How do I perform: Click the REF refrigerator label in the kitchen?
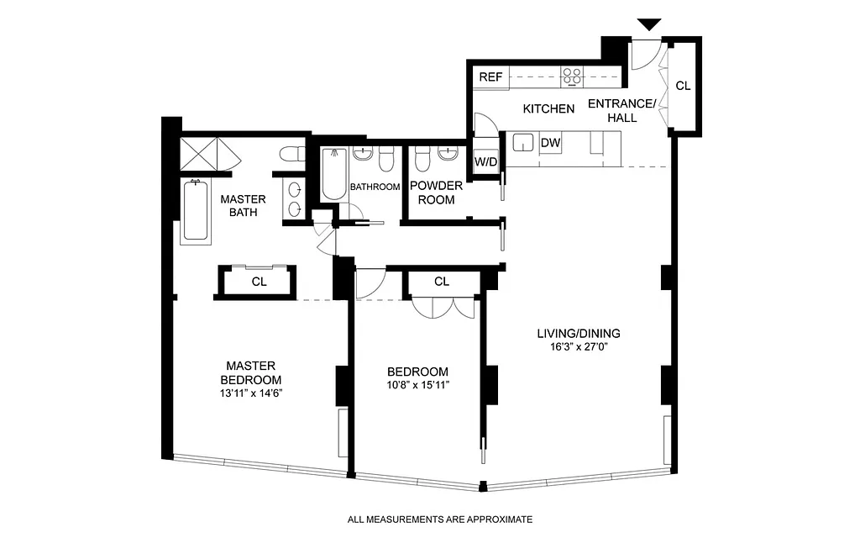coord(490,77)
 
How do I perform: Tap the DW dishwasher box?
coord(550,143)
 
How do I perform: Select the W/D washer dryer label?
coord(485,161)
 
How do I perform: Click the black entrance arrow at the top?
coord(649,25)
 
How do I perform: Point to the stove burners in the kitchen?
coord(573,77)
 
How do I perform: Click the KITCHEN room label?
coord(548,108)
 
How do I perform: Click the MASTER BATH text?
coord(243,205)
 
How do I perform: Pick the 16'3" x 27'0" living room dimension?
coord(579,347)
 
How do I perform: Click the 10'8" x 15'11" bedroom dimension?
coord(417,386)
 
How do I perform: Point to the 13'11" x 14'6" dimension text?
coord(250,393)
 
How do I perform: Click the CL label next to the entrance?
coord(683,86)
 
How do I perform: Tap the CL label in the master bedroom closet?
coord(259,282)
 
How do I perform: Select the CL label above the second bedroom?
coord(442,282)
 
